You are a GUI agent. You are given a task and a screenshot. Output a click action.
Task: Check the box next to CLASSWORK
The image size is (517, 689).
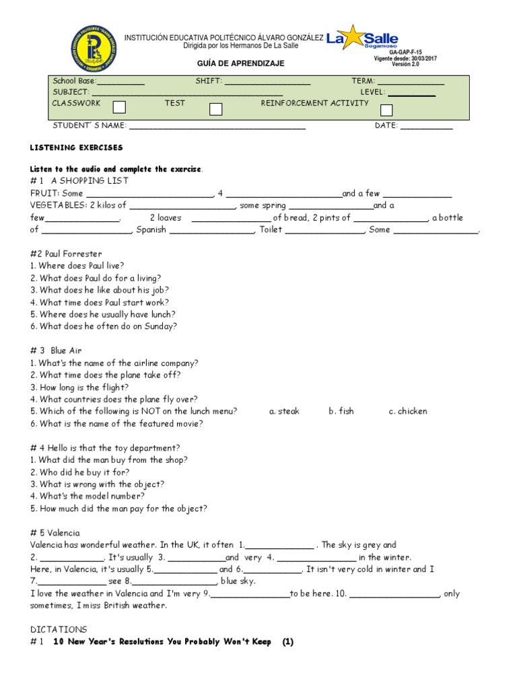pos(119,107)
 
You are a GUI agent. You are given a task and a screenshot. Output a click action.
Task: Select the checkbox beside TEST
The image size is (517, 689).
pos(216,108)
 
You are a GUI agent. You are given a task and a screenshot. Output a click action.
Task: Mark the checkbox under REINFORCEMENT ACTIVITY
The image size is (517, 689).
pos(386,110)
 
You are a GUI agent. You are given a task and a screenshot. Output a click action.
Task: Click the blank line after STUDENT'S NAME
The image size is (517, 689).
pos(217,126)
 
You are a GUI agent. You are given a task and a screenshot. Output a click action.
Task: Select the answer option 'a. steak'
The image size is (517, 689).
pos(284,411)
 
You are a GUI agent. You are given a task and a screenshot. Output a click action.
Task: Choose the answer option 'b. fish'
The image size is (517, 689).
pos(341,411)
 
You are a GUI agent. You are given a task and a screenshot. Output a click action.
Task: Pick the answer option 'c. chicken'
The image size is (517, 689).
pos(408,411)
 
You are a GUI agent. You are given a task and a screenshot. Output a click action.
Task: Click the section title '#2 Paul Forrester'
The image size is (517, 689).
pos(66,254)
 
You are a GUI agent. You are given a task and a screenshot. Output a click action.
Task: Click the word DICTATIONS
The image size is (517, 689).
pos(59,629)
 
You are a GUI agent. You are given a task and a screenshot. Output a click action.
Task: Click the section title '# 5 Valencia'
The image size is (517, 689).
pos(55,532)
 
